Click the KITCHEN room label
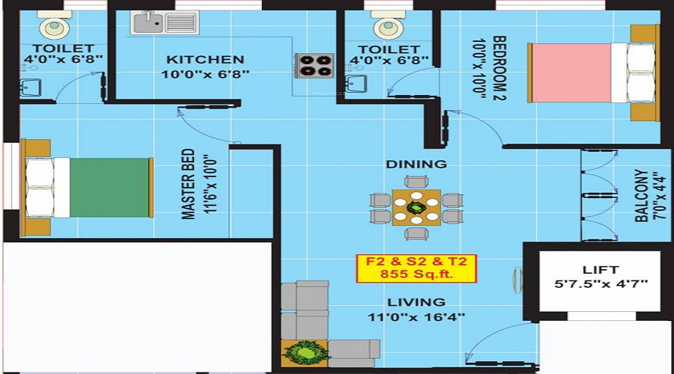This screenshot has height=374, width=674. click(x=204, y=59)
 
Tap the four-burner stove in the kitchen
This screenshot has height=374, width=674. click(x=315, y=65)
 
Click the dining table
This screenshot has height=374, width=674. click(x=417, y=207)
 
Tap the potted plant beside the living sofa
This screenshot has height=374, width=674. click(x=305, y=352)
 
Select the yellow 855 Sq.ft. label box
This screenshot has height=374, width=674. click(x=416, y=269)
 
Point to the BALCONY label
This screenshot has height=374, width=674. click(x=642, y=195)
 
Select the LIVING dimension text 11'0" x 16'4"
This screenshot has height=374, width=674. click(x=416, y=316)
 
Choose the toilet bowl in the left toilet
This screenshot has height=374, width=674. click(x=53, y=27)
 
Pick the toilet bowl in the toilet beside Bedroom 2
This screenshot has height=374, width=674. click(x=387, y=27)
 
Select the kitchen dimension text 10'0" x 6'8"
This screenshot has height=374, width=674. click(x=204, y=74)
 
